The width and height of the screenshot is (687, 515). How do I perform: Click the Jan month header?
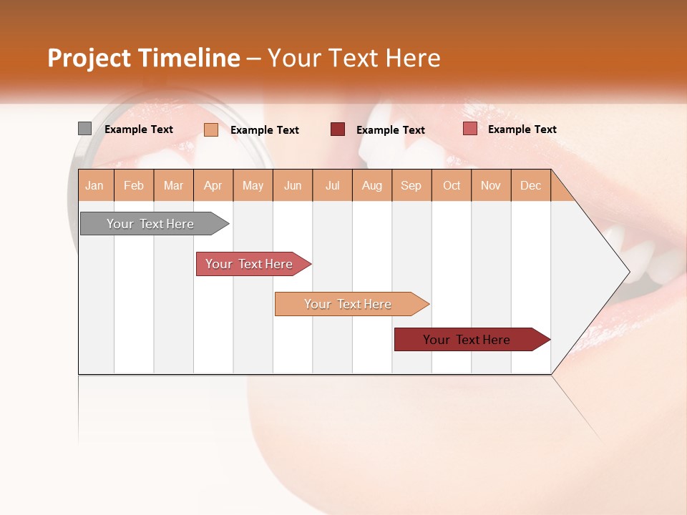pos(94,185)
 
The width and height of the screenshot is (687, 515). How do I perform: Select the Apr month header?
pos(213,185)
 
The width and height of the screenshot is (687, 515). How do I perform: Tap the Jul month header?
pos(332,185)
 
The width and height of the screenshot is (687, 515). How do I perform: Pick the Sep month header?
pos(411,185)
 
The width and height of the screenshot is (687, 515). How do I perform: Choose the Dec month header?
pos(530,185)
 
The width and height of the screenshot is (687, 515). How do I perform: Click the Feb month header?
pos(134,185)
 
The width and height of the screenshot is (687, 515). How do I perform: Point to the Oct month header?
pos(452,185)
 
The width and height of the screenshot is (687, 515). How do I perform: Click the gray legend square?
pos(84,129)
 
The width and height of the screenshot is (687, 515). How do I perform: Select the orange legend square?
pos(211,129)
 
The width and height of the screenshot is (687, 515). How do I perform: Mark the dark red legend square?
pos(338,129)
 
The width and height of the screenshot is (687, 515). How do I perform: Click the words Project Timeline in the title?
pos(143,58)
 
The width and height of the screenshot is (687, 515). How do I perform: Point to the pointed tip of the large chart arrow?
pos(628,272)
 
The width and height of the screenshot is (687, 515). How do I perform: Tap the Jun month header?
pos(293,185)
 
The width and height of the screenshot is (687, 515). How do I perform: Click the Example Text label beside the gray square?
pos(139,129)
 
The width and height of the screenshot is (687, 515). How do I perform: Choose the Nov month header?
pos(490,185)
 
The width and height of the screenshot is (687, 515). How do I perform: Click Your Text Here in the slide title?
pos(354,58)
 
